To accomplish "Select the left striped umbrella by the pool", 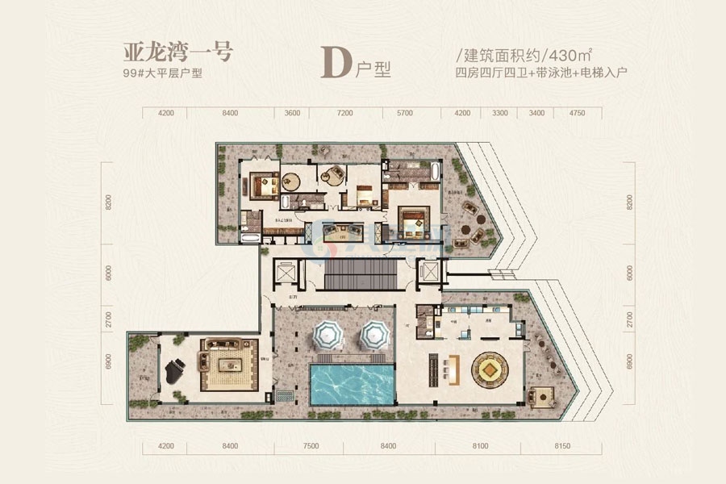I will [328, 335].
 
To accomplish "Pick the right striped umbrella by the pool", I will [373, 335].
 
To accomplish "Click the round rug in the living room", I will [492, 371].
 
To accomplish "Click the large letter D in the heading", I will [336, 62].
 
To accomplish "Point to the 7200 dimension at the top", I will [344, 114].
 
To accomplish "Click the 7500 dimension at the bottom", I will [311, 444].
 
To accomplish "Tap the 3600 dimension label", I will [291, 114].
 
